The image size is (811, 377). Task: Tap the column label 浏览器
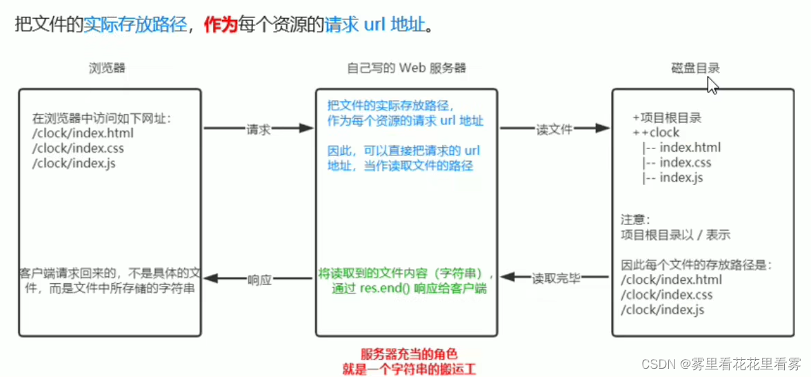click(x=107, y=68)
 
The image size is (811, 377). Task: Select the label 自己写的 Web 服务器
click(x=406, y=68)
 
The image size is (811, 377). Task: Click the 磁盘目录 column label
click(x=695, y=68)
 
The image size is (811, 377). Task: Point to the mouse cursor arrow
click(x=712, y=85)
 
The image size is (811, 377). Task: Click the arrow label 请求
click(x=258, y=129)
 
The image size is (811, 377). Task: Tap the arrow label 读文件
click(x=554, y=129)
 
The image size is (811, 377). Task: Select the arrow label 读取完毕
click(x=556, y=279)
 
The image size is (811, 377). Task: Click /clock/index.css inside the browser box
click(x=78, y=148)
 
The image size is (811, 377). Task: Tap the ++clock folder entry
click(x=656, y=133)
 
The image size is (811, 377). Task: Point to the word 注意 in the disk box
click(x=635, y=220)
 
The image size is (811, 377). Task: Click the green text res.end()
click(x=386, y=289)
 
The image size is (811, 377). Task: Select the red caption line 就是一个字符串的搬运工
click(x=409, y=369)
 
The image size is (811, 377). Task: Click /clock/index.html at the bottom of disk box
click(x=672, y=280)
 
